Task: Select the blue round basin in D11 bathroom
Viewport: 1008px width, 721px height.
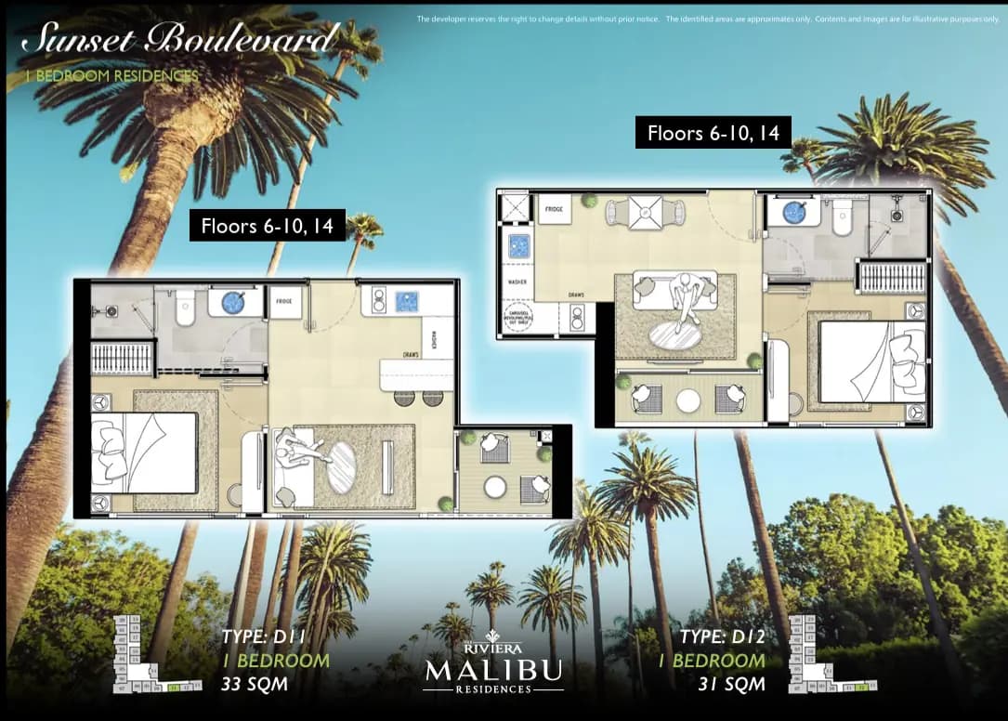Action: [x=229, y=303]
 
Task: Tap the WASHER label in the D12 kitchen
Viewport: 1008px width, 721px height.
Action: [x=517, y=279]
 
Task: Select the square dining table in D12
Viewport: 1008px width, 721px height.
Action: [x=645, y=214]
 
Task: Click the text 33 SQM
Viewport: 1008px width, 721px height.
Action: [x=254, y=686]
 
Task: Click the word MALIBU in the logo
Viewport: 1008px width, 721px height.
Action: [x=492, y=669]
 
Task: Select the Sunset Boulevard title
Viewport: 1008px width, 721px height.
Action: [x=179, y=40]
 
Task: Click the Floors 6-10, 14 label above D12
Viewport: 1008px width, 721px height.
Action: [x=713, y=133]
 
